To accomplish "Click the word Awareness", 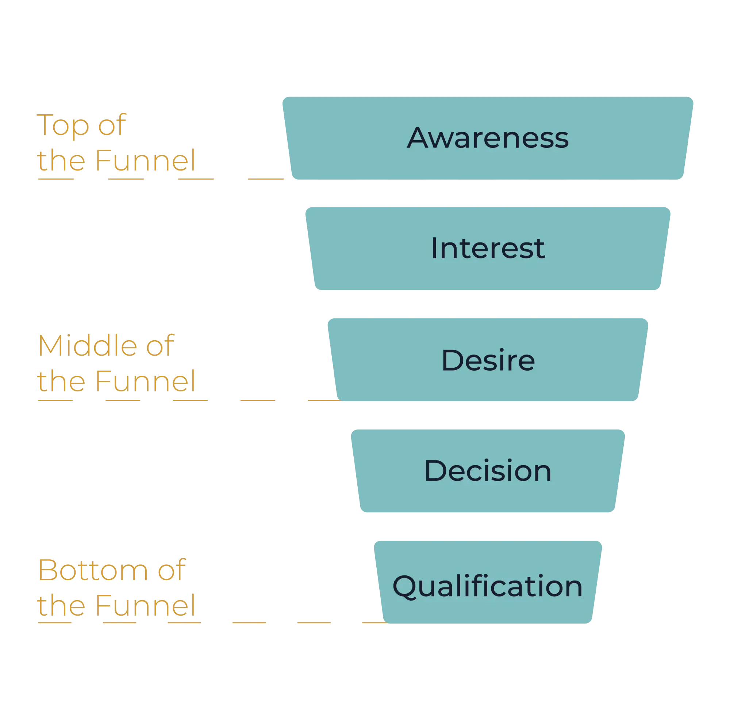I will (x=487, y=138).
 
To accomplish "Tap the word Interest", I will (x=487, y=248).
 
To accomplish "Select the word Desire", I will (x=488, y=360).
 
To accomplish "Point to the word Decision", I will (x=488, y=471).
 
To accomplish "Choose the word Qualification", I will (x=487, y=586).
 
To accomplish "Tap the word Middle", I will (x=87, y=346).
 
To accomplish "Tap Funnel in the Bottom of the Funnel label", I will (x=146, y=605).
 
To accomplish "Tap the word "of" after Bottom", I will (x=172, y=570).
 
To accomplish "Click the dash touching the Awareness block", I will (x=266, y=179).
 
